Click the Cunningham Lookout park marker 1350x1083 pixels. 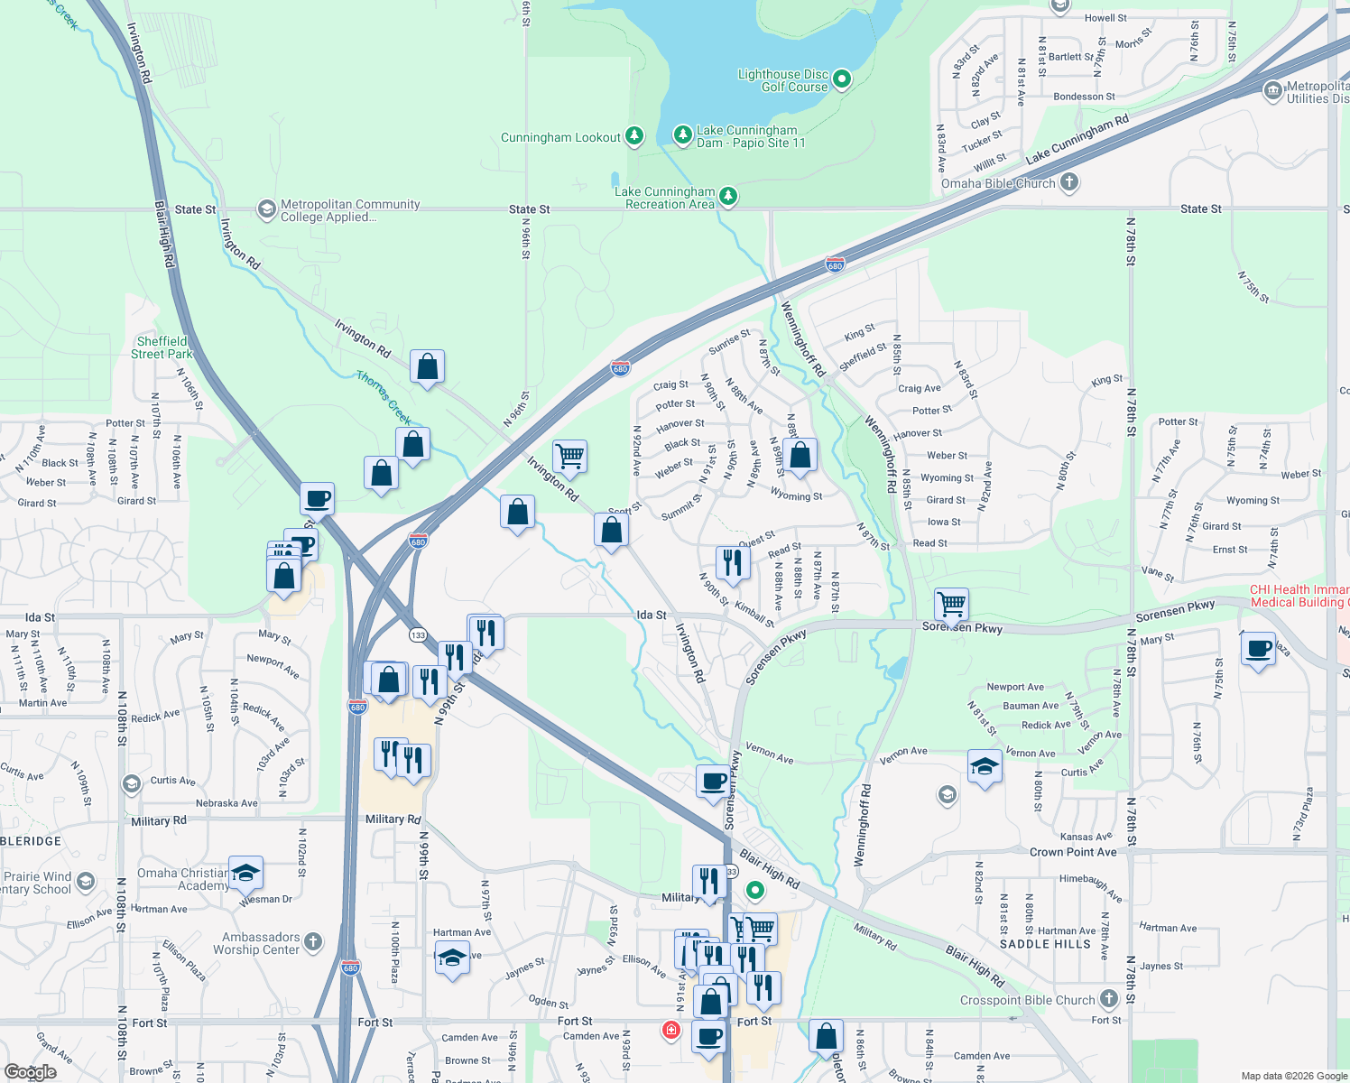tap(635, 136)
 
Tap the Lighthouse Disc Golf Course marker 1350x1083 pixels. tap(842, 79)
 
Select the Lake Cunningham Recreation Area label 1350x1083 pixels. tap(665, 198)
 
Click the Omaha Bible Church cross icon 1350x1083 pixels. tap(1069, 182)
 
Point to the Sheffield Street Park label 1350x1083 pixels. tap(162, 347)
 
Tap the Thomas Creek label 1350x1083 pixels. tap(384, 397)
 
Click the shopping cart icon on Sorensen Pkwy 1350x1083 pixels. tap(951, 604)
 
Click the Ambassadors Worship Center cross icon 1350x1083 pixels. tap(313, 942)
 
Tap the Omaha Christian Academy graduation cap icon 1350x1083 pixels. tap(245, 873)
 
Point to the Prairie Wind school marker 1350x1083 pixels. tap(86, 881)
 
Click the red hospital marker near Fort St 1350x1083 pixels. tap(670, 1030)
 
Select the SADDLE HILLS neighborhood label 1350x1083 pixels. tap(1045, 944)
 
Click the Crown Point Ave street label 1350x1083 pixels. tap(1073, 852)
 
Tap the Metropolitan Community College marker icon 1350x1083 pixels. tap(266, 209)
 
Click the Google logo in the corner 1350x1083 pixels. tap(30, 1071)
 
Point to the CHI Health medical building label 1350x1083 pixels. tap(1299, 596)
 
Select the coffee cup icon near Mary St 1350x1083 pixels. tap(1258, 648)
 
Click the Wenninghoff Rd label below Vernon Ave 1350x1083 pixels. tap(864, 826)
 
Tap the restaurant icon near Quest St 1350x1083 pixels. tap(732, 562)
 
